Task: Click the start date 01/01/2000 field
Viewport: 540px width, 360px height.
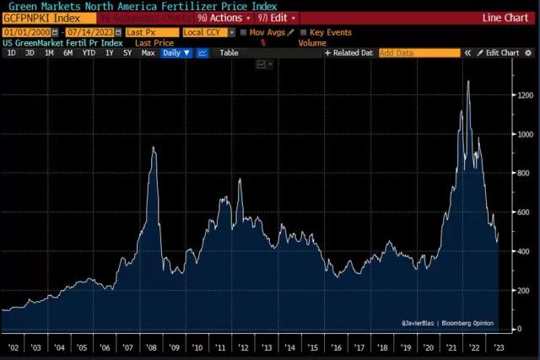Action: (x=23, y=32)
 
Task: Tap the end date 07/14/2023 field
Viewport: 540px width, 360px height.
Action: (x=89, y=32)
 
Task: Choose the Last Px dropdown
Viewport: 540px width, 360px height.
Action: (x=151, y=32)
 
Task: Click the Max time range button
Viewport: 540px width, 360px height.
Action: (x=148, y=52)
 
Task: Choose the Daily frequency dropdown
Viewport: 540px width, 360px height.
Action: (x=176, y=52)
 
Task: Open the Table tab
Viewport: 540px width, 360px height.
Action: (x=229, y=52)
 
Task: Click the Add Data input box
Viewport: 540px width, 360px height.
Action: (x=418, y=52)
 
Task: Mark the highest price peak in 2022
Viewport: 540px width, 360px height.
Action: (x=468, y=82)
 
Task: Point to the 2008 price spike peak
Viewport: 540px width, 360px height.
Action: (x=153, y=148)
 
